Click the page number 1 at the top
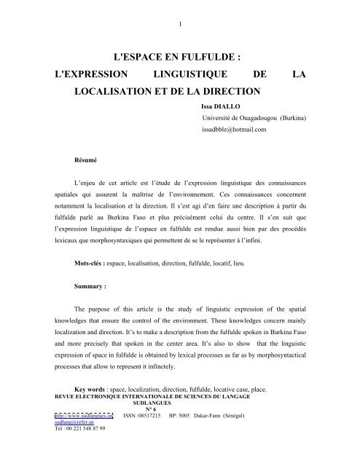tap(179, 8)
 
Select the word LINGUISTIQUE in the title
tap(184, 75)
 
